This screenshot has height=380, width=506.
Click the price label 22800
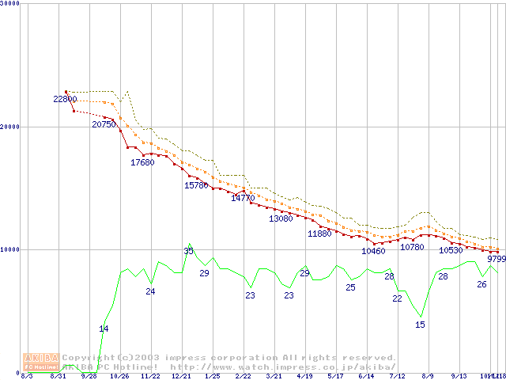(x=65, y=100)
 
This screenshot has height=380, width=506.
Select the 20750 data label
(x=104, y=125)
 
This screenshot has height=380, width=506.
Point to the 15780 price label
(x=196, y=185)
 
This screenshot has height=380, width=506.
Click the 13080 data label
(x=281, y=218)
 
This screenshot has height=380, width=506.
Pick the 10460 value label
(x=373, y=252)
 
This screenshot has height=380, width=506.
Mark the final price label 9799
(x=496, y=259)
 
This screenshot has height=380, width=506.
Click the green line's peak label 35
(x=188, y=251)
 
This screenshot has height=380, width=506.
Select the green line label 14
(x=104, y=329)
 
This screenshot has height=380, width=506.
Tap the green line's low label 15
(x=420, y=325)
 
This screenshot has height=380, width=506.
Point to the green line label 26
(x=481, y=284)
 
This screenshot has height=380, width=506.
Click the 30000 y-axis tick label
(x=9, y=3)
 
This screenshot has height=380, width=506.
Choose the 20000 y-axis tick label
(x=9, y=127)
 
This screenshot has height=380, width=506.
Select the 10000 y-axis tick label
(x=9, y=249)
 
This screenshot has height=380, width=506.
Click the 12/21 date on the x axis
(x=181, y=376)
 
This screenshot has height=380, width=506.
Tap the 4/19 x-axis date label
(x=304, y=376)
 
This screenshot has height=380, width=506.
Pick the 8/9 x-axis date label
(x=428, y=376)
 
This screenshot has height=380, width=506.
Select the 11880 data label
(x=319, y=234)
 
